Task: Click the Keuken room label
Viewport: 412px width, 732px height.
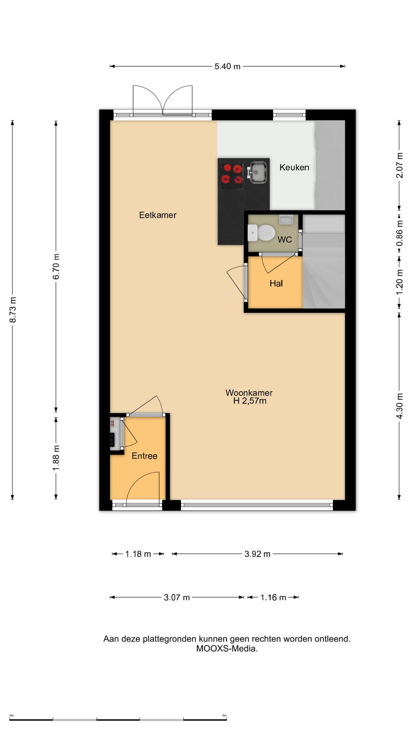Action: point(294,167)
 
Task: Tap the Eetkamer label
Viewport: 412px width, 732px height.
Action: point(158,215)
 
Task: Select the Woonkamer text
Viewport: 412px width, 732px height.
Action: point(249,392)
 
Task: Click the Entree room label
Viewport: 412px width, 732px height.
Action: point(144,456)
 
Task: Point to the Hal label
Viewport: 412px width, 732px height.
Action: point(276,283)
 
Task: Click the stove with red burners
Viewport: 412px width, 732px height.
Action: point(232,176)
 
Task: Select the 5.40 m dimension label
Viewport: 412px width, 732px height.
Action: point(227,66)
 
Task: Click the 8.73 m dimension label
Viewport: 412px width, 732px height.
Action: point(13,309)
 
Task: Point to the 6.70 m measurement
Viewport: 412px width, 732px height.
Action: point(56,266)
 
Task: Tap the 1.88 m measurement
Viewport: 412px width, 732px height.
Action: point(56,457)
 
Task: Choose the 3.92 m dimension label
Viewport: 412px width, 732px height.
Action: point(257,554)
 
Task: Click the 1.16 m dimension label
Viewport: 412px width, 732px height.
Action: point(273,597)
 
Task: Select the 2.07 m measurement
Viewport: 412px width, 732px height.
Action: point(399,165)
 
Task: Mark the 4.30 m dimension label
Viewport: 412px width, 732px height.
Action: point(399,406)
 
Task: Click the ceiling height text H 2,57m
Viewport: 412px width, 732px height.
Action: point(250,401)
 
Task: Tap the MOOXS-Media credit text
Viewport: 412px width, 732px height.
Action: point(227,649)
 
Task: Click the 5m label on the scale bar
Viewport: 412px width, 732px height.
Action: point(225,715)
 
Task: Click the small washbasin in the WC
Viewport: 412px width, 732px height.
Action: point(286,220)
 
